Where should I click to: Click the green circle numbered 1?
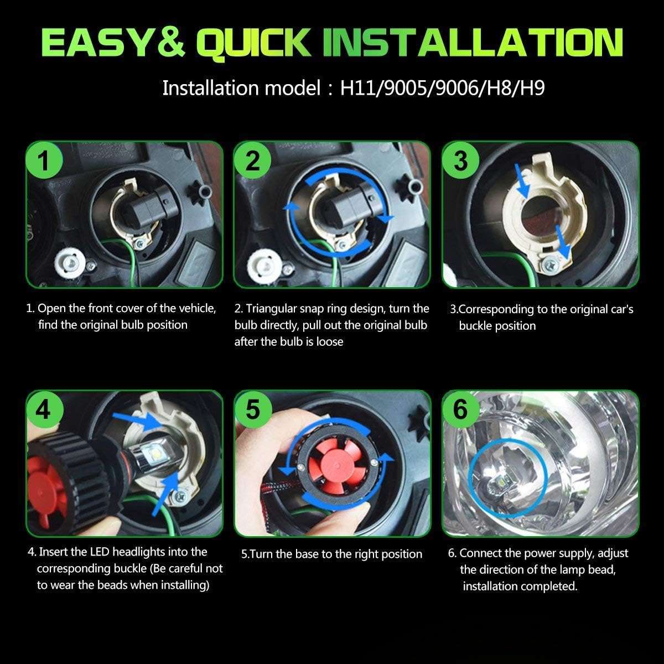pos(44,160)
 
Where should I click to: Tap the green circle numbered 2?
pos(252,160)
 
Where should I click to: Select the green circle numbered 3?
pos(461,160)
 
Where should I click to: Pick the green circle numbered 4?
pos(45,410)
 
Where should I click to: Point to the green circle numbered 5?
pos(253,410)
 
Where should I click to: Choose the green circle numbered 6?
pos(461,410)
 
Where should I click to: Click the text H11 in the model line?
pos(359,88)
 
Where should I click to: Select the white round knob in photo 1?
pos(70,263)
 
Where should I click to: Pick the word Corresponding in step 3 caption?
pos(497,309)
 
